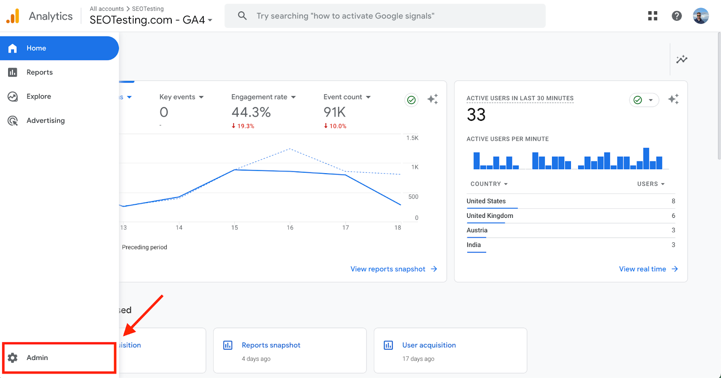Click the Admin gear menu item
[x=37, y=358]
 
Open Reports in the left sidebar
[x=39, y=72]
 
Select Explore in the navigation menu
[x=38, y=97]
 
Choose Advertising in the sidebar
[x=45, y=120]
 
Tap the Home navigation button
[x=36, y=48]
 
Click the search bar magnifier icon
[x=242, y=16]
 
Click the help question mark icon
[x=676, y=16]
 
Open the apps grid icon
[x=653, y=16]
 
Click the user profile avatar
[x=701, y=16]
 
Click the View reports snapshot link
[x=388, y=269]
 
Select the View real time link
[x=643, y=269]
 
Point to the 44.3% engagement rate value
[x=251, y=112]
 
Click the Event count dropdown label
[x=343, y=97]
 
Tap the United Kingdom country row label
[x=490, y=216]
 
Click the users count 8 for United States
[x=673, y=201]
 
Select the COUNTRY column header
[x=486, y=184]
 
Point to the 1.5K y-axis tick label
[x=412, y=138]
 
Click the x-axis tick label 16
[x=290, y=228]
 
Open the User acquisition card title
[x=429, y=345]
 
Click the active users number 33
[x=476, y=115]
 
